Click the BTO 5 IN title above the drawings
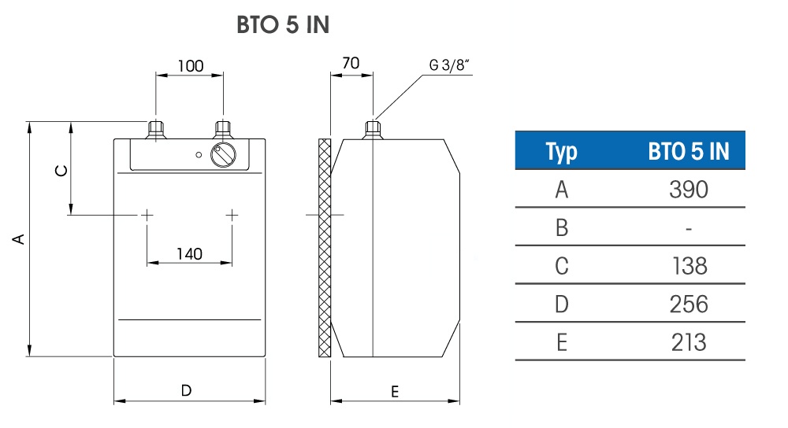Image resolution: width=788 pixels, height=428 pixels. (x=283, y=24)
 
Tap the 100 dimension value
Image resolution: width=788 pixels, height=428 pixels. (x=191, y=66)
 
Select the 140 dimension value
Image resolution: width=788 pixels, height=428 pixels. (x=189, y=254)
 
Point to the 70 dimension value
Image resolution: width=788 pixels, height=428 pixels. (x=351, y=63)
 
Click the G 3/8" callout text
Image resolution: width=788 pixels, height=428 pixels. (x=449, y=65)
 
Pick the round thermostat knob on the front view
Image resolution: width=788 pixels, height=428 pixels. (x=223, y=154)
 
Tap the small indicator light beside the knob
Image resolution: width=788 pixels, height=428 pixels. (x=199, y=155)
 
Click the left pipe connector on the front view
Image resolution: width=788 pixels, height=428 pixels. (x=156, y=130)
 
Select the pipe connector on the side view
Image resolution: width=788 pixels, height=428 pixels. (x=373, y=130)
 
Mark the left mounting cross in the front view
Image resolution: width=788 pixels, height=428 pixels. (x=147, y=216)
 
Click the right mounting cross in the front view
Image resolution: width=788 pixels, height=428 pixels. (x=232, y=216)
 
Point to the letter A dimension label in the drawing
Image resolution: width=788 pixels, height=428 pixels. (x=19, y=238)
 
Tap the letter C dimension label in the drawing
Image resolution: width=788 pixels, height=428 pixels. (x=61, y=171)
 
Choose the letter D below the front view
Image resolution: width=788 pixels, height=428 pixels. (x=187, y=390)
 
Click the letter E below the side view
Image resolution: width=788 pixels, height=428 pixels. (x=395, y=392)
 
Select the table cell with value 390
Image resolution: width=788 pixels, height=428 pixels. (x=689, y=190)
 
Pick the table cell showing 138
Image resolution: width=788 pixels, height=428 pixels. (x=689, y=267)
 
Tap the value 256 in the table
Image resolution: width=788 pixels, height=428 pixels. (x=689, y=304)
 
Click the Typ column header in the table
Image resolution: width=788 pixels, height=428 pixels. (x=561, y=152)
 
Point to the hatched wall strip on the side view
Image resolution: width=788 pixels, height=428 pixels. (x=325, y=248)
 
